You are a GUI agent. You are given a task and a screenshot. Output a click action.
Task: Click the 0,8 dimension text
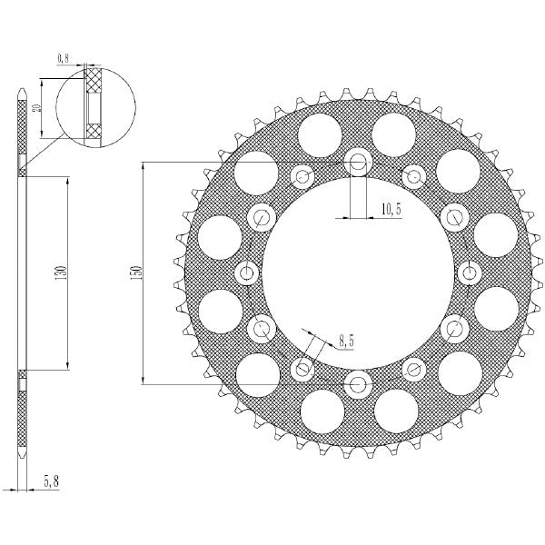(x=64, y=58)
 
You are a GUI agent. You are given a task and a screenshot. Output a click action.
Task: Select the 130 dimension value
(x=59, y=272)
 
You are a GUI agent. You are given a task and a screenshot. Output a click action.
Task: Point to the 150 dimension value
(x=135, y=272)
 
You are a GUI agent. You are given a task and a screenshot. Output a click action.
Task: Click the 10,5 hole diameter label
(x=391, y=210)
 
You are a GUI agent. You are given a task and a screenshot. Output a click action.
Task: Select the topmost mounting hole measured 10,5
(x=358, y=163)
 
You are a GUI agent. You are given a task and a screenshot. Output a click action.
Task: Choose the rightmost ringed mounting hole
(x=469, y=272)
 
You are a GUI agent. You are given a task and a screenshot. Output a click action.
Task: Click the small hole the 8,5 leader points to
(x=302, y=368)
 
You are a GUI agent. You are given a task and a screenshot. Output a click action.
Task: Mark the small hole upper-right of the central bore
(x=414, y=175)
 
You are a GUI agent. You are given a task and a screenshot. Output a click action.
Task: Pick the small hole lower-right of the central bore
(x=414, y=369)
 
